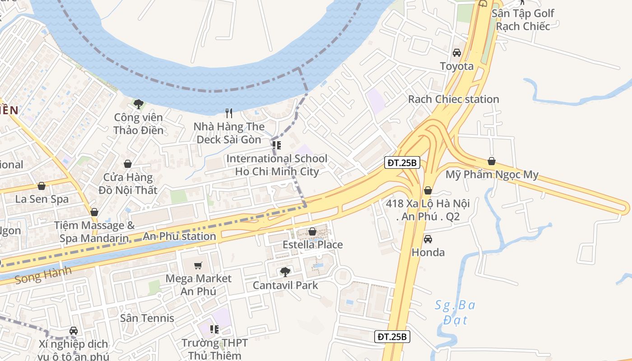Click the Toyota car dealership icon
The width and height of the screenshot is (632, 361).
pos(457,53)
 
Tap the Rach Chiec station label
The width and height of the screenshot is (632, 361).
pos(453,99)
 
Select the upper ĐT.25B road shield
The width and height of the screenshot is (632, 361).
pos(402,162)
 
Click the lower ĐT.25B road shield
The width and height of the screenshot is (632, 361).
pos(392,337)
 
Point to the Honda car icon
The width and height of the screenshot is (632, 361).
pos(428,239)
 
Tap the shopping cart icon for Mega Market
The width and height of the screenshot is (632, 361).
pos(198,265)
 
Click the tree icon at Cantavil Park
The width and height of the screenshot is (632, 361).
pos(285,272)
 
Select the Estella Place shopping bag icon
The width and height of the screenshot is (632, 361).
pos(312,231)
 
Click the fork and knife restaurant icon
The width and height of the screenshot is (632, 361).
pos(229,113)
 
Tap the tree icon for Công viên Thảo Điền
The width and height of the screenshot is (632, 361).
pos(138,104)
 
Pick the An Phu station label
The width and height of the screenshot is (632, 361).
pos(179,236)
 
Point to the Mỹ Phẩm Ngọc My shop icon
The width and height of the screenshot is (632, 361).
pos(492,161)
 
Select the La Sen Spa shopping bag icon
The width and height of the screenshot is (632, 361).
pos(42,186)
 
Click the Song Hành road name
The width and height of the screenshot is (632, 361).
pos(43,275)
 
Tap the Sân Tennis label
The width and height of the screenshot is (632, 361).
pos(147,318)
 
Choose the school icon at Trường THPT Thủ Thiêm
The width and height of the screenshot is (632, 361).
pos(214,329)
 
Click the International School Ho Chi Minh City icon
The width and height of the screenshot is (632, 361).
pos(277,145)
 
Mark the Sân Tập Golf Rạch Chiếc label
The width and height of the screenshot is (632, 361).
pos(523,19)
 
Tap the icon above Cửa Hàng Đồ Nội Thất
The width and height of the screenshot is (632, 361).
pos(128,164)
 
